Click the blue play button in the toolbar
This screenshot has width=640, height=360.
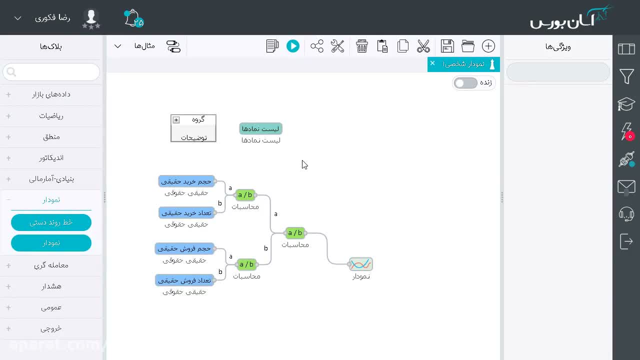click(x=293, y=46)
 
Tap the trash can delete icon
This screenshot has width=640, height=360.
click(x=361, y=46)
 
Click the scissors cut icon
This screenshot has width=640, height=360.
click(x=423, y=46)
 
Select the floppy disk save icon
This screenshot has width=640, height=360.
click(x=447, y=46)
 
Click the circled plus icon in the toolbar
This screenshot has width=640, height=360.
click(x=488, y=46)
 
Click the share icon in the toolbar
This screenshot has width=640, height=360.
click(x=317, y=46)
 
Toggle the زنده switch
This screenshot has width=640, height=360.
click(x=465, y=83)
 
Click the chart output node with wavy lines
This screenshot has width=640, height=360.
click(x=361, y=264)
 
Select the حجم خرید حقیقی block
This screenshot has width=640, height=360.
click(x=186, y=181)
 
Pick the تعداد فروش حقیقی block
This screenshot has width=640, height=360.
click(x=184, y=280)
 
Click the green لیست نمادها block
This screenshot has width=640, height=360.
click(x=260, y=129)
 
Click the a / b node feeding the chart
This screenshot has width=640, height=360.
click(x=295, y=233)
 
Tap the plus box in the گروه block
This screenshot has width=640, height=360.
click(x=176, y=120)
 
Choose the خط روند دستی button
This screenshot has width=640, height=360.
click(x=51, y=222)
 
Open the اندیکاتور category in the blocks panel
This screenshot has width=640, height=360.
click(x=51, y=158)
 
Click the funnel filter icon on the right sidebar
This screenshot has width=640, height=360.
click(x=626, y=76)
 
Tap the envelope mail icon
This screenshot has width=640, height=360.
click(x=626, y=187)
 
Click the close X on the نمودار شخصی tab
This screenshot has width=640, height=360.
click(x=432, y=63)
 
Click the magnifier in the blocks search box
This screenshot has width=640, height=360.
click(x=11, y=72)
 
